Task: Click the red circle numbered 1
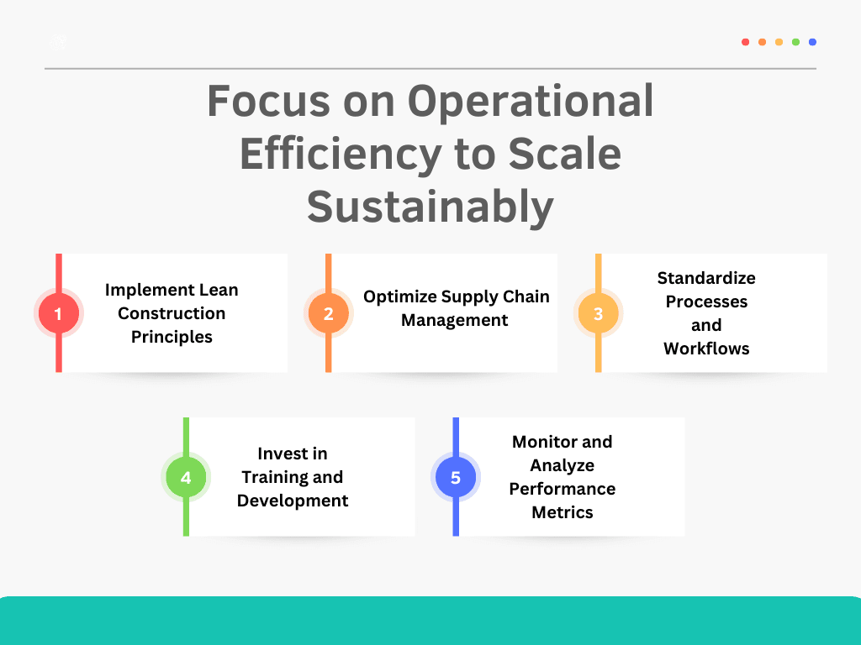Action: click(x=59, y=313)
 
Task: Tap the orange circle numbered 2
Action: click(x=329, y=313)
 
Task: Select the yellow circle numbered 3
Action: click(x=598, y=313)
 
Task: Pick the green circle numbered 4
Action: click(x=186, y=477)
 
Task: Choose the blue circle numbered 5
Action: click(x=456, y=477)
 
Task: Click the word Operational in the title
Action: click(x=531, y=102)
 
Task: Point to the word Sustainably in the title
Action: click(x=430, y=207)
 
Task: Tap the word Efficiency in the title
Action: click(x=341, y=155)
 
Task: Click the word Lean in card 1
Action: click(x=219, y=290)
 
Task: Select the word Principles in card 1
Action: click(x=172, y=337)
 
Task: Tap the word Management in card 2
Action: click(x=455, y=320)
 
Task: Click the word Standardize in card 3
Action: click(x=706, y=278)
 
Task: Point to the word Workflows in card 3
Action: click(x=706, y=349)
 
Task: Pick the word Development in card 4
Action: click(x=293, y=501)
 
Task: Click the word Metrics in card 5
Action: click(x=563, y=512)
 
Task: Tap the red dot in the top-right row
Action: click(x=745, y=42)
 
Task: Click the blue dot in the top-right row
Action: click(x=813, y=42)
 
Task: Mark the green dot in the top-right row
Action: click(x=795, y=42)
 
